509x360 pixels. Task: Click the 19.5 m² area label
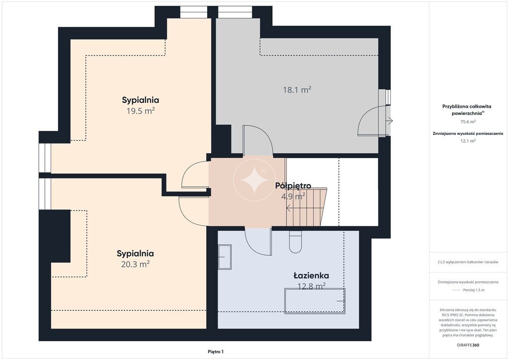pos(140,111)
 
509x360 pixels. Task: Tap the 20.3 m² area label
pos(135,264)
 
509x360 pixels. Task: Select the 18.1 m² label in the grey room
pos(297,90)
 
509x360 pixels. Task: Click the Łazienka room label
pos(311,275)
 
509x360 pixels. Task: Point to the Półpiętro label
pos(293,185)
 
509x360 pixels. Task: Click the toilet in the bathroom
pos(295,242)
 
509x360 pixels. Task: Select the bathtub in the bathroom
pos(315,301)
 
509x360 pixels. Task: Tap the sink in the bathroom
pos(225,257)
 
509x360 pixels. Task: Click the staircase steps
pos(306,207)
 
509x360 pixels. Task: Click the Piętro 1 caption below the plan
pos(216,352)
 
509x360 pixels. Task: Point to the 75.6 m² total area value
pos(468,122)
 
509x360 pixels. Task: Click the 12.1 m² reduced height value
pos(468,141)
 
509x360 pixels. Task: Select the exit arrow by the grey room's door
pos(390,121)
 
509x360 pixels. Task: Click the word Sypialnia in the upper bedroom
pos(140,100)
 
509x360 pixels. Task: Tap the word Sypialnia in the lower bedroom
pos(135,254)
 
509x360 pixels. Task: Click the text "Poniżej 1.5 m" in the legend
pos(474,290)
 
